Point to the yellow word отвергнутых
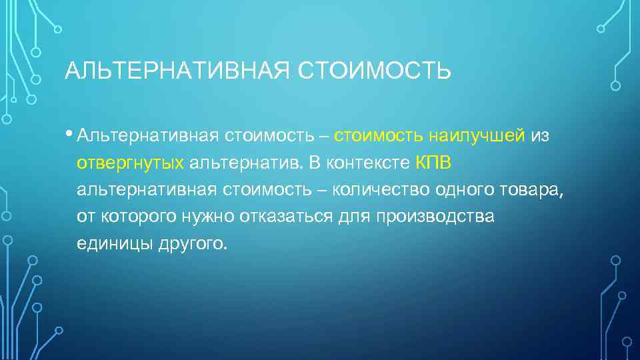pos(130,163)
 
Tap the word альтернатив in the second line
pos(243,163)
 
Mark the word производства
pos(435,217)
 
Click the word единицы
pos(114,244)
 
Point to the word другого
pos(193,244)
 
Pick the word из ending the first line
pos(540,136)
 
